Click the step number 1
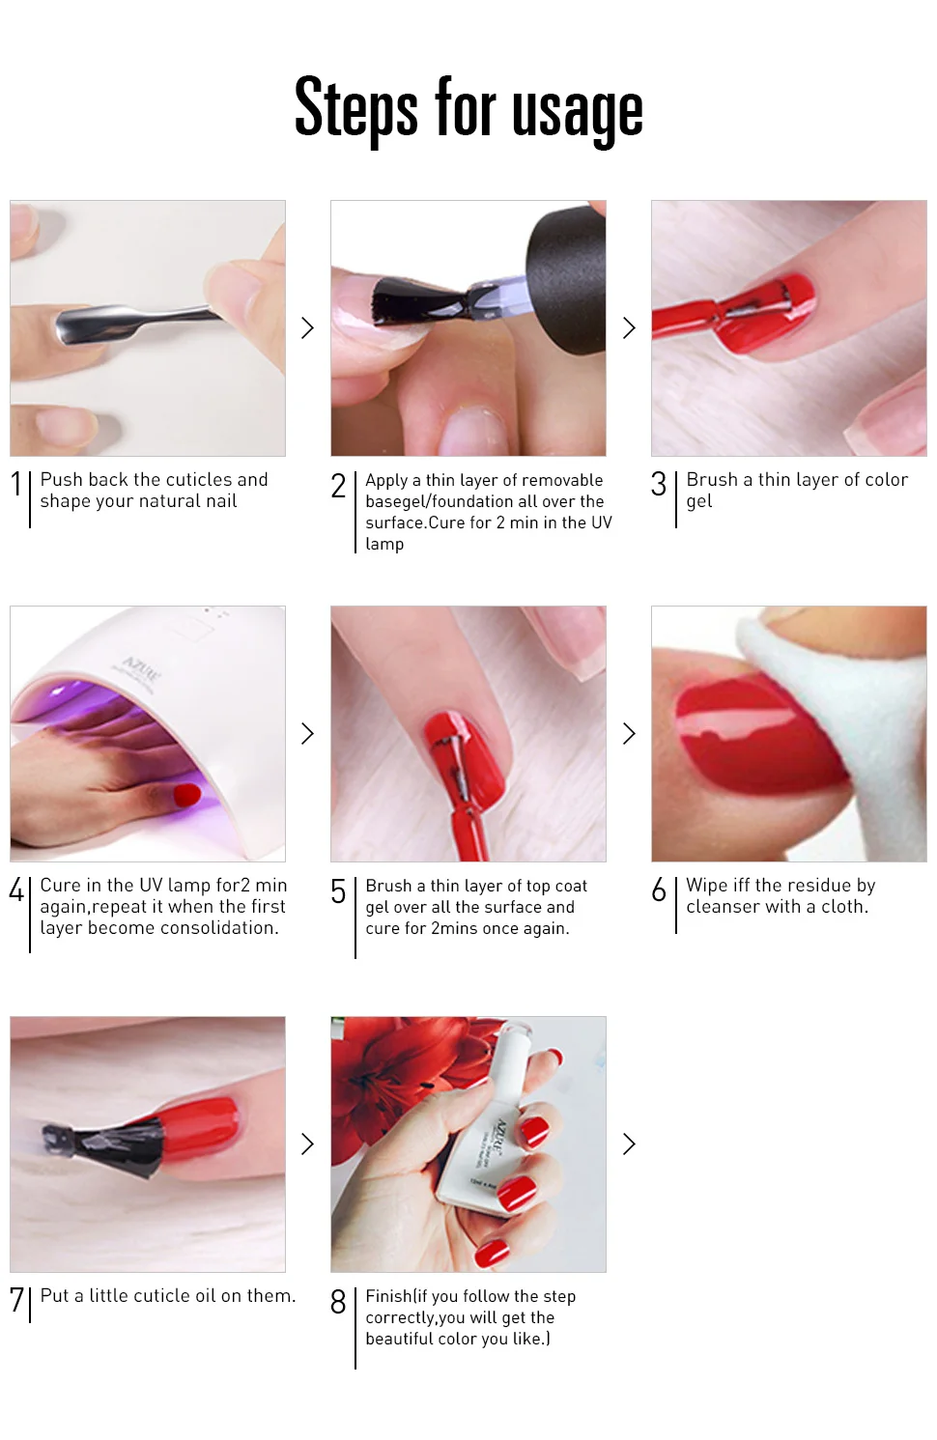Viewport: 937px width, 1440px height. (16, 484)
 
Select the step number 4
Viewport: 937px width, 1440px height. (16, 889)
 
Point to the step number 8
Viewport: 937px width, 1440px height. (338, 1301)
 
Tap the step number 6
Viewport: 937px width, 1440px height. (659, 889)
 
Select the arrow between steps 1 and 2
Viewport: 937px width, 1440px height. (307, 327)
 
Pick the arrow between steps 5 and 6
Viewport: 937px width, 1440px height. (629, 733)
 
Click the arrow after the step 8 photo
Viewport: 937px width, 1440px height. (629, 1144)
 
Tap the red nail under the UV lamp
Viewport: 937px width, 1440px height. (187, 795)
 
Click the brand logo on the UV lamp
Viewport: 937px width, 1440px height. (142, 669)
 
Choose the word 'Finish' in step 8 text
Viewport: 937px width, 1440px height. (388, 1295)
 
